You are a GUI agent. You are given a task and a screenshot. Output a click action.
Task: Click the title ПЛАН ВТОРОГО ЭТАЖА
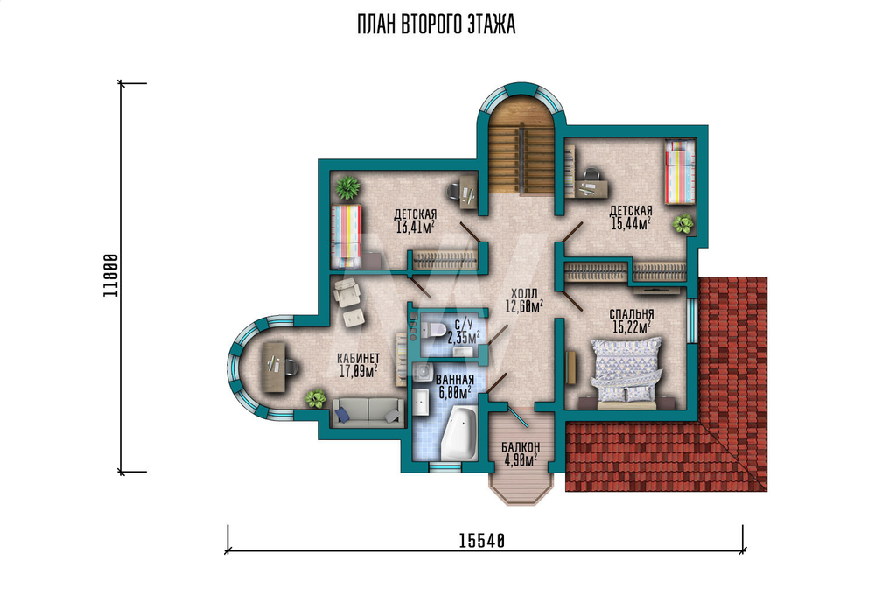pyautogui.click(x=437, y=25)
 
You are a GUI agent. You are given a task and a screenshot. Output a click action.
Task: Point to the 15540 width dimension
pyautogui.click(x=481, y=540)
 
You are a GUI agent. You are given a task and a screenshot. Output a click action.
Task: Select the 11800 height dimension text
pyautogui.click(x=111, y=275)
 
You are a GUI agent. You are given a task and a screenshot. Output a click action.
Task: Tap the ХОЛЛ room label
pyautogui.click(x=524, y=293)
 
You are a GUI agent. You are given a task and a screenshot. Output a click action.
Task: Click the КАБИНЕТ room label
pyautogui.click(x=358, y=358)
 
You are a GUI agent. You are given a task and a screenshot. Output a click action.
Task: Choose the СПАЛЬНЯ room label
pyautogui.click(x=632, y=315)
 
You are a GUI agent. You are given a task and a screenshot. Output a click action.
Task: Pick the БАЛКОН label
pyautogui.click(x=521, y=447)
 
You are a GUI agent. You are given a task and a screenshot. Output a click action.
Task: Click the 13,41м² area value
pyautogui.click(x=415, y=227)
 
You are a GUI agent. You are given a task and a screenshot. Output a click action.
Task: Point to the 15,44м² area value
pyautogui.click(x=631, y=224)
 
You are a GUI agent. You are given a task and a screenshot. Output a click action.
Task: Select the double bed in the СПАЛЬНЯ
pyautogui.click(x=626, y=370)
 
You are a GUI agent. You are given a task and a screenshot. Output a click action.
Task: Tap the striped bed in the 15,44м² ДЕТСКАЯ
pyautogui.click(x=680, y=172)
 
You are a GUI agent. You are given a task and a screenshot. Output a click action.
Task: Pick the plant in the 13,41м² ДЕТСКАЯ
pyautogui.click(x=347, y=187)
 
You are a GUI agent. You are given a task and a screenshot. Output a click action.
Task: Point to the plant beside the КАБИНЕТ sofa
pyautogui.click(x=316, y=398)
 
